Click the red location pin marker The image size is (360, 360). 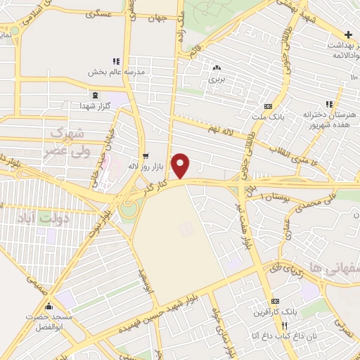click(x=181, y=165)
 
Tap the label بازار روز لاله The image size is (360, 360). click(x=145, y=167)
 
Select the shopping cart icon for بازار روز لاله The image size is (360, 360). click(x=146, y=156)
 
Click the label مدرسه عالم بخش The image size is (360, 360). click(x=116, y=72)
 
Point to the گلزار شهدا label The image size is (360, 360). click(x=95, y=105)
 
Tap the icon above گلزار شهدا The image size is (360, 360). click(x=96, y=95)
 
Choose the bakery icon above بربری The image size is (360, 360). click(x=216, y=68)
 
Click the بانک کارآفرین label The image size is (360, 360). click(x=264, y=311)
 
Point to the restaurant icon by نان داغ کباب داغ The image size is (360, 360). click(x=285, y=326)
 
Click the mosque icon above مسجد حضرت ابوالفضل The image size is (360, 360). click(x=49, y=307)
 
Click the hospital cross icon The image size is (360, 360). click(x=348, y=34)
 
